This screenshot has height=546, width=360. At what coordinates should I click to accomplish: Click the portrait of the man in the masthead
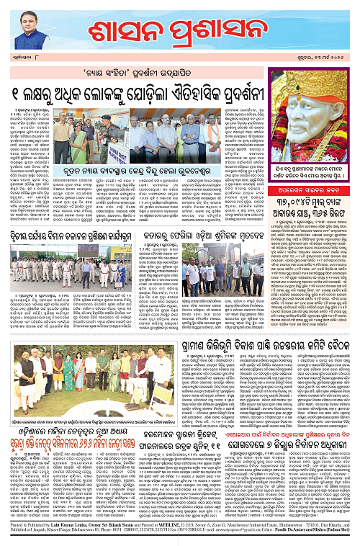coord(24,29)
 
